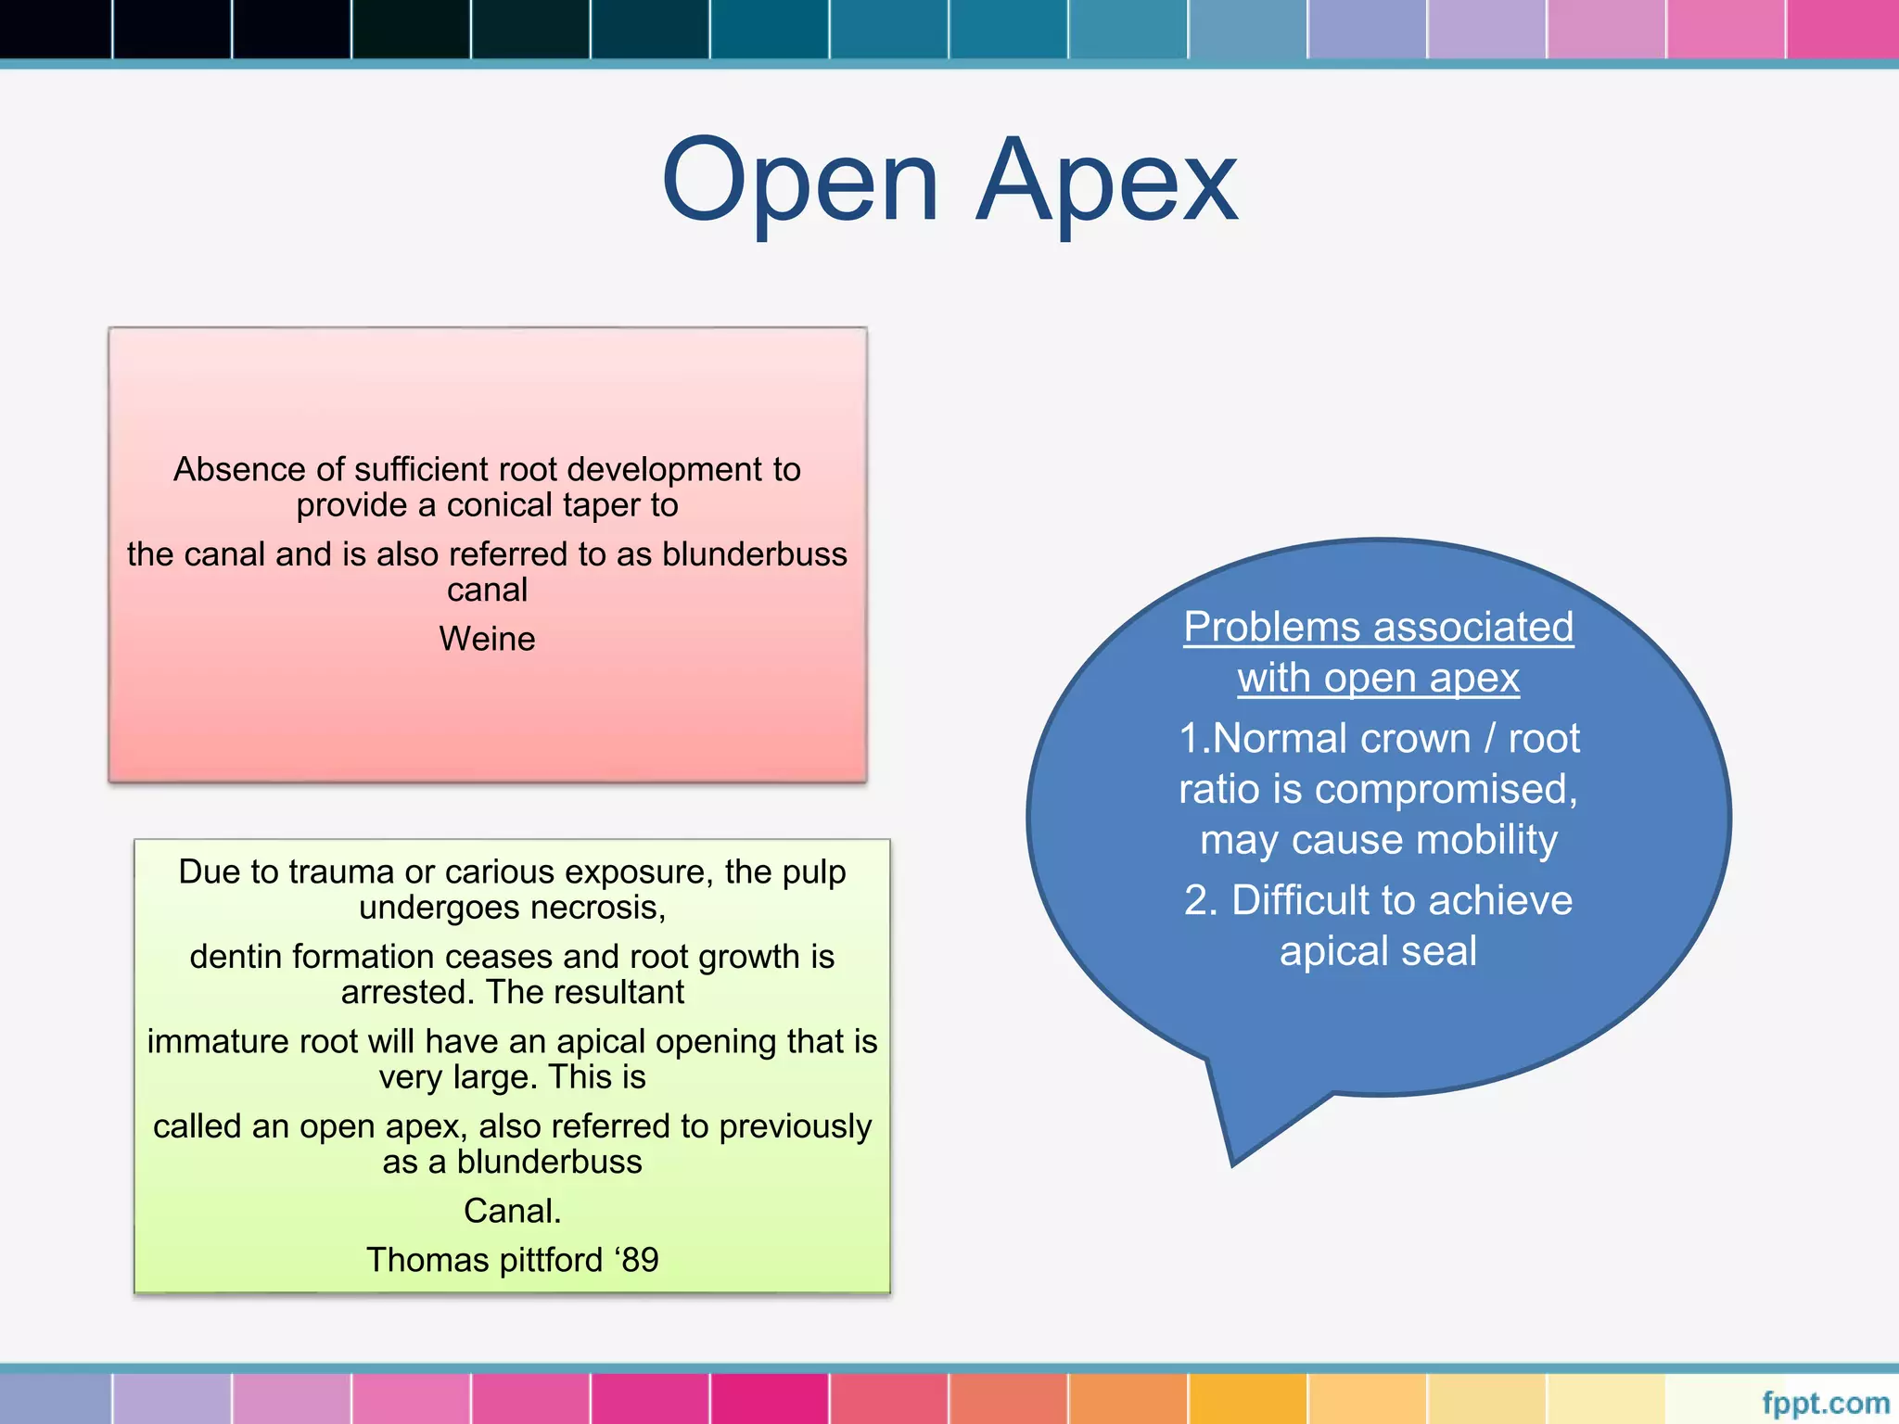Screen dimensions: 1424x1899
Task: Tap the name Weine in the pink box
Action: pos(487,639)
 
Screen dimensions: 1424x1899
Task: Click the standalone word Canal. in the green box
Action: pos(512,1211)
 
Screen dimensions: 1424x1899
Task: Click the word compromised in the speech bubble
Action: pos(1446,790)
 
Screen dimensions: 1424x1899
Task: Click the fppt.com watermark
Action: pos(1825,1403)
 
